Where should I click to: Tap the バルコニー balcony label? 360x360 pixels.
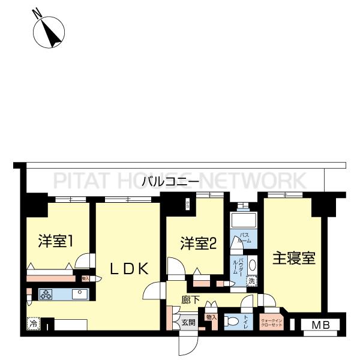coord(170,181)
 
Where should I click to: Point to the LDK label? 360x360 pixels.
coord(128,269)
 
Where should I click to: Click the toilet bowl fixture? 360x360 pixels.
coord(230,322)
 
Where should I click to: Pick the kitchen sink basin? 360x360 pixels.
coord(79,294)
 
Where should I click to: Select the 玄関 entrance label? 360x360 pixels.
coord(188,323)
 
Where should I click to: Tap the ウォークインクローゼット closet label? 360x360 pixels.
coord(271,323)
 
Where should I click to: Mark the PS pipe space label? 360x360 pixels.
coord(188,205)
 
